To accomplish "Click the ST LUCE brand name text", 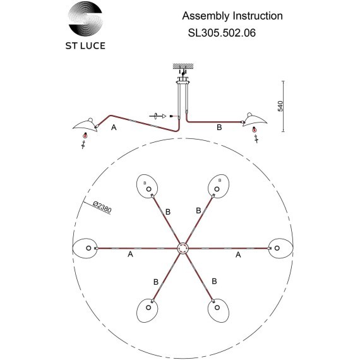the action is [x=85, y=45].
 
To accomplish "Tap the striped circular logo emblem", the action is [x=85, y=18].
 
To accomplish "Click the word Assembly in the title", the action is [x=206, y=16].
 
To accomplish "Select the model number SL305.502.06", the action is [x=222, y=33].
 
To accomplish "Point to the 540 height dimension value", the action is [x=280, y=106].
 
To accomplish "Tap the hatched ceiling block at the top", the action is [x=183, y=66].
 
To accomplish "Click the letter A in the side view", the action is [x=114, y=127].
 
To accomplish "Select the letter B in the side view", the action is [x=219, y=127].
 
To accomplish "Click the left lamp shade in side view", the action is [x=85, y=126].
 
